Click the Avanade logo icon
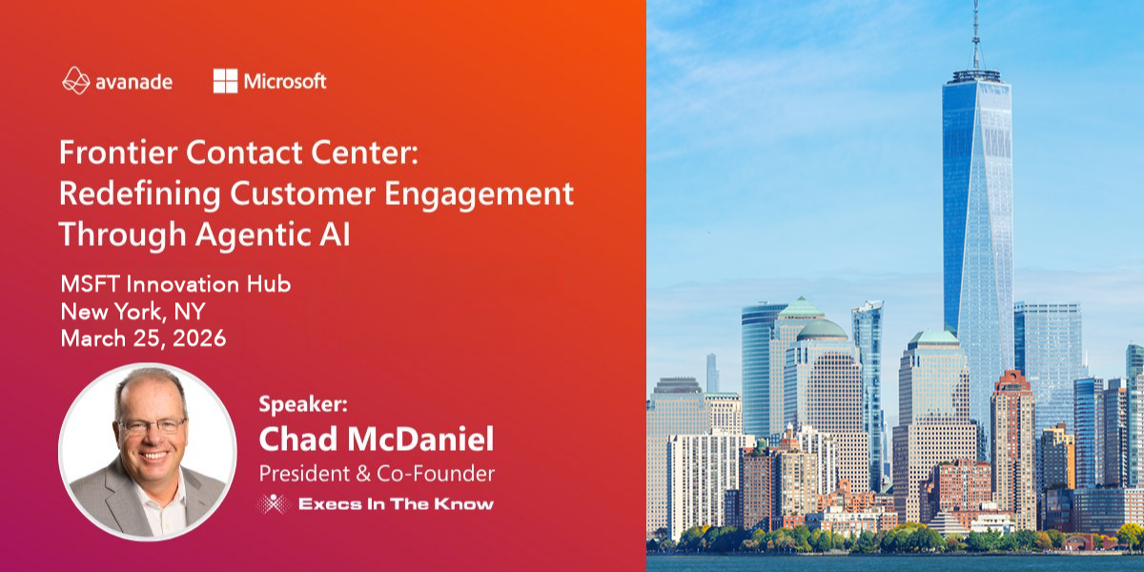tap(76, 81)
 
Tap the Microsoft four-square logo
tap(225, 81)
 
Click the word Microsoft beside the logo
tap(285, 81)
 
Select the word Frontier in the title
tap(118, 153)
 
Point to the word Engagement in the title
tap(479, 194)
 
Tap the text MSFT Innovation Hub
tap(175, 284)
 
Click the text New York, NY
tap(133, 312)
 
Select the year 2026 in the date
tap(199, 338)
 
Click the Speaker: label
tap(303, 404)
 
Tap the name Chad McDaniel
tap(377, 439)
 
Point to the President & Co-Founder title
tap(377, 474)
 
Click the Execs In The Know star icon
tap(274, 503)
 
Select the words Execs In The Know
tap(397, 504)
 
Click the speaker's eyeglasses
tap(152, 425)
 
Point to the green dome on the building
tap(822, 330)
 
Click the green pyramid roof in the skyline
tap(801, 307)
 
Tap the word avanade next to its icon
tap(133, 82)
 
